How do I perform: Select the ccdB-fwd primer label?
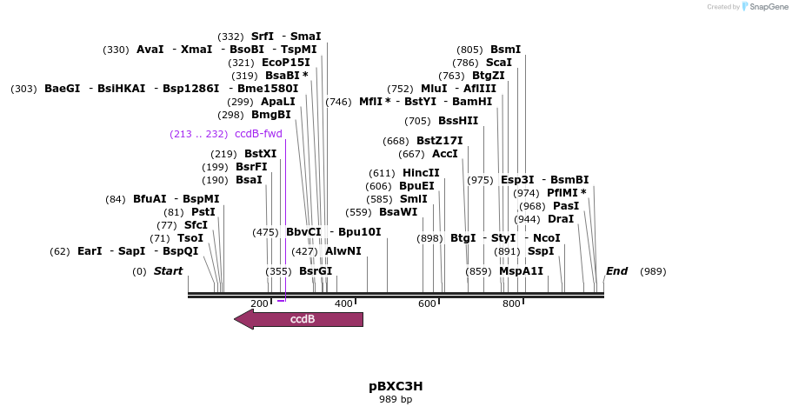pos(258,134)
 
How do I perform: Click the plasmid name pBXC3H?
pos(396,385)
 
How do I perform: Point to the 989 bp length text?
pos(396,400)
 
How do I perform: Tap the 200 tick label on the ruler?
pos(259,303)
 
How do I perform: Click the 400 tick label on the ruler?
pos(343,303)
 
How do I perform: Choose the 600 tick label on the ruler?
pos(427,303)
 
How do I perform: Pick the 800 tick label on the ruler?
pos(511,303)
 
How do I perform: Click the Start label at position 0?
pos(168,271)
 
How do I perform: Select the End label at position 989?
pos(616,271)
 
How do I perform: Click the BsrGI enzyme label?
pos(316,271)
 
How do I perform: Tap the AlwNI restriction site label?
pos(343,251)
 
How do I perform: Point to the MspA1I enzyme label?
pos(521,271)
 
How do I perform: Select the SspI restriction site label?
pos(541,251)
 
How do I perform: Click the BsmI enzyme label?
pos(505,50)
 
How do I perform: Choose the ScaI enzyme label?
pos(499,63)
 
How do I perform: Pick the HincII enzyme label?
pos(421,173)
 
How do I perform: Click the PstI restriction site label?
pos(203,212)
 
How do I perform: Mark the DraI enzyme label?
pos(561,219)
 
